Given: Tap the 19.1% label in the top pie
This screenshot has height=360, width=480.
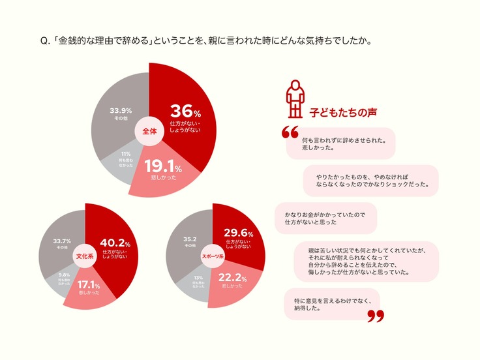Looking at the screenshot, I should point(158,167).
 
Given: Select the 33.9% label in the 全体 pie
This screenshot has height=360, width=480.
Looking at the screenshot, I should point(121,111).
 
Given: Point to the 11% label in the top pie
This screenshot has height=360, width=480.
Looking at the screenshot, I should point(125,154).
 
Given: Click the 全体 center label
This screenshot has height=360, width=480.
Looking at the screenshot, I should point(149,131).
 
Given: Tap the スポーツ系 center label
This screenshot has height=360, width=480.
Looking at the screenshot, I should point(213,256).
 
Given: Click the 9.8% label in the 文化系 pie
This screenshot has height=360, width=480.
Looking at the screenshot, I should point(64,275).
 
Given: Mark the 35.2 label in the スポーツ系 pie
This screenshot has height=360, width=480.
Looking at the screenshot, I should point(190,239).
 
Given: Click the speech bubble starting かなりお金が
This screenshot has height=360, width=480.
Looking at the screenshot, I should point(326,218).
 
